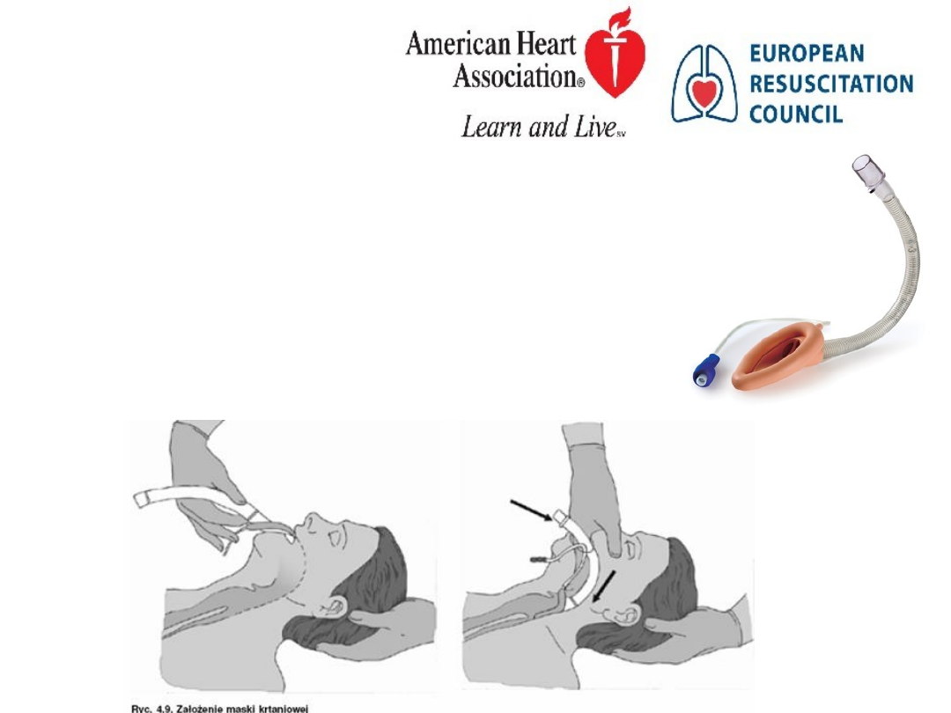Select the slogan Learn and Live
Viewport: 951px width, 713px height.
(x=542, y=126)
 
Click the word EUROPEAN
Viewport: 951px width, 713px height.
(x=807, y=54)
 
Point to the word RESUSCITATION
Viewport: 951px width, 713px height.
(x=831, y=84)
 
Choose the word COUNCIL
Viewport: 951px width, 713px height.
(x=796, y=114)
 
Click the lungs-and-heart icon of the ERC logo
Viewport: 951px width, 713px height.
(x=704, y=84)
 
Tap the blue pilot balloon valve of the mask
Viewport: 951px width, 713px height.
(x=705, y=369)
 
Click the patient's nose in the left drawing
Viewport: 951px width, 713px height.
(x=313, y=520)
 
